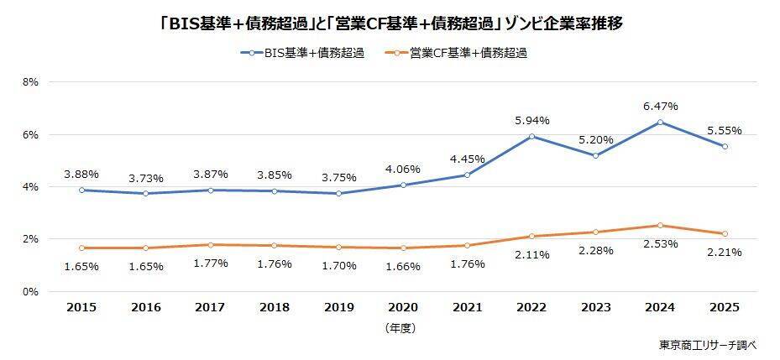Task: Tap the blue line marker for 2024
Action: point(661,123)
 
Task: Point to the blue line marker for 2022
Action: point(532,136)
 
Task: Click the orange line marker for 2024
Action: point(661,225)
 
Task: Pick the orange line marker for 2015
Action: point(81,248)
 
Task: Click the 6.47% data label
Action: point(661,107)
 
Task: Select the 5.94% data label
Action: point(532,121)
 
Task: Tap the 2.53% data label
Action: point(661,243)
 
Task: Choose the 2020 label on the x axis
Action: point(403,308)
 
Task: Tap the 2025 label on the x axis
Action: point(725,308)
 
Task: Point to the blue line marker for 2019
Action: point(339,194)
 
